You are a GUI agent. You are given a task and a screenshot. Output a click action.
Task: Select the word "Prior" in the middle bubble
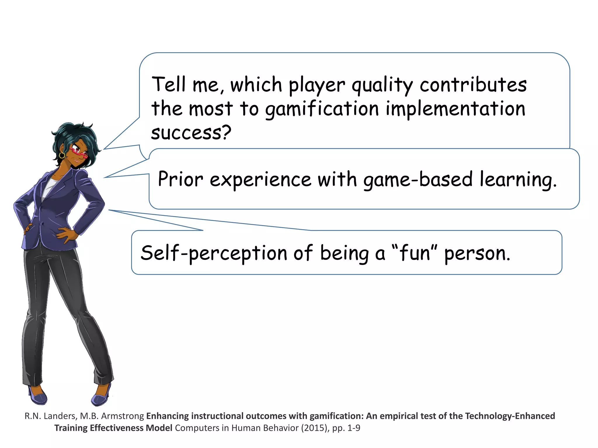180,179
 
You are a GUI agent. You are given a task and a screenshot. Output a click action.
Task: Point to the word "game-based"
418,180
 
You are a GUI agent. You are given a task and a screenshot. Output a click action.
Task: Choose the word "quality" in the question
382,85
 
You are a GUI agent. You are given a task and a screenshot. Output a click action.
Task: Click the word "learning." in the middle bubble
518,180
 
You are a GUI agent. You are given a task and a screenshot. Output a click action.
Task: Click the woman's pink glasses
78,152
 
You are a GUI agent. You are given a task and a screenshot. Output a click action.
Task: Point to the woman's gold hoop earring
62,155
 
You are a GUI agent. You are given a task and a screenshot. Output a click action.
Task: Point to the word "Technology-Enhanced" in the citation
510,416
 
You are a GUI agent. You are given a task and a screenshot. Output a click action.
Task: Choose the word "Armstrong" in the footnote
127,416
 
